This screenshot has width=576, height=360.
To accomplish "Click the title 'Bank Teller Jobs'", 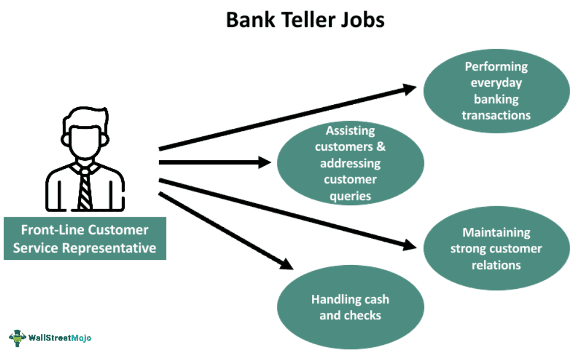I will [x=305, y=20].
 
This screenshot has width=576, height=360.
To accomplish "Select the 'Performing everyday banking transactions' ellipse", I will [x=496, y=90].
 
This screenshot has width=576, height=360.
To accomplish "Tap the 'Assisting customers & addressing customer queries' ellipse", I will [x=350, y=163].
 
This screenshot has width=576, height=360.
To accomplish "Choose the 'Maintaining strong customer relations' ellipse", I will [x=496, y=248].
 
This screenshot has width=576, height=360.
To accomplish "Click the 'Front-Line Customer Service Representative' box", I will [x=85, y=238].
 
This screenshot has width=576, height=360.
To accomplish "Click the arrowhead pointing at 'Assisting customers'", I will [x=265, y=163].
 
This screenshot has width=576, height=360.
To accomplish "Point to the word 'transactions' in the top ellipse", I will [x=496, y=115].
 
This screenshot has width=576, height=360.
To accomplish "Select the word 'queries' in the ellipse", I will [x=350, y=196].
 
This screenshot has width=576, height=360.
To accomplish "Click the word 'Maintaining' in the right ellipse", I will [x=496, y=232].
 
